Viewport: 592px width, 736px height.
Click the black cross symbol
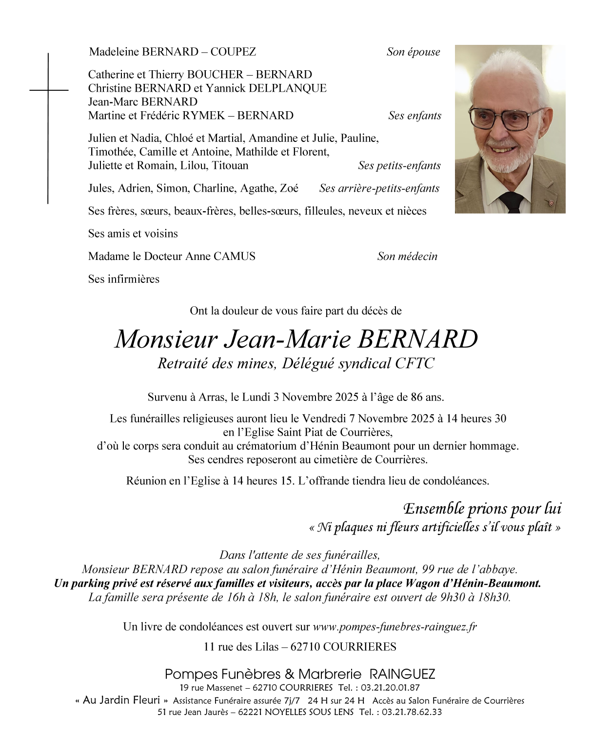pyautogui.click(x=48, y=91)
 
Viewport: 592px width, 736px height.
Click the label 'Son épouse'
pyautogui.click(x=413, y=52)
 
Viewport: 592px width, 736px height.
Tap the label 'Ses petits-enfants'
pyautogui.click(x=399, y=165)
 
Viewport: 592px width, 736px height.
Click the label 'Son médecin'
pyautogui.click(x=407, y=257)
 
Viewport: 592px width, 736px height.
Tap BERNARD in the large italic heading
pyautogui.click(x=417, y=339)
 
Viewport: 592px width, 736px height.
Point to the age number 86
pyautogui.click(x=416, y=397)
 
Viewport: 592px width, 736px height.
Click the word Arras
pyautogui.click(x=211, y=397)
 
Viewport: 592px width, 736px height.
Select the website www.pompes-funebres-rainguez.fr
pyautogui.click(x=395, y=627)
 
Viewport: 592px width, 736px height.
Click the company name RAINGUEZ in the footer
pyautogui.click(x=402, y=675)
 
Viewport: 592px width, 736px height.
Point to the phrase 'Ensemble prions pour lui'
pyautogui.click(x=482, y=509)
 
